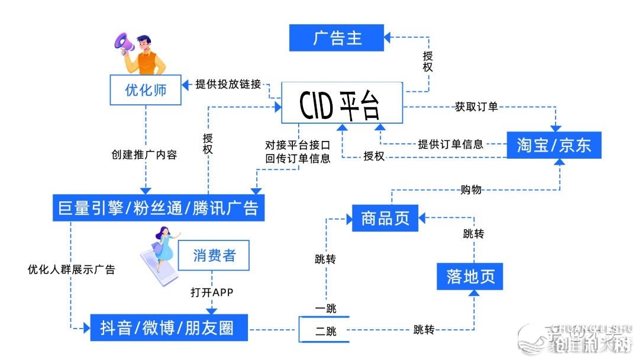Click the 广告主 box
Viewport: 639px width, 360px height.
coord(336,38)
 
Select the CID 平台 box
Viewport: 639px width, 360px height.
coord(341,105)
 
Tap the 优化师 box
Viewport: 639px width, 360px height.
coord(146,90)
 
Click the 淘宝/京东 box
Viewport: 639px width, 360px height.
coord(554,145)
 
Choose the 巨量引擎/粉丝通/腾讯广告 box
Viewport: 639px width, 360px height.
coord(158,207)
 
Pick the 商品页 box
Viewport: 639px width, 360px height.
coord(385,217)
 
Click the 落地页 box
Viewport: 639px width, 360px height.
coord(470,277)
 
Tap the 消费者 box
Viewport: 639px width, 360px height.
coord(214,256)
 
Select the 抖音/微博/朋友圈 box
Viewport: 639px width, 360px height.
coord(169,327)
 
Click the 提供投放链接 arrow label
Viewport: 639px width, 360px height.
coord(228,84)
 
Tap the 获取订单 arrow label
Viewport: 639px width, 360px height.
coord(476,107)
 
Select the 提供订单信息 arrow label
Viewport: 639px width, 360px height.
coord(450,144)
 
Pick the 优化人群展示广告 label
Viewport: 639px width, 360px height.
coord(71,269)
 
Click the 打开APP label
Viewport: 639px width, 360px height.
coord(212,292)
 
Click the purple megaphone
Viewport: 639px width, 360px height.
coord(125,43)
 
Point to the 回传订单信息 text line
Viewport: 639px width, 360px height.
coord(298,159)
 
